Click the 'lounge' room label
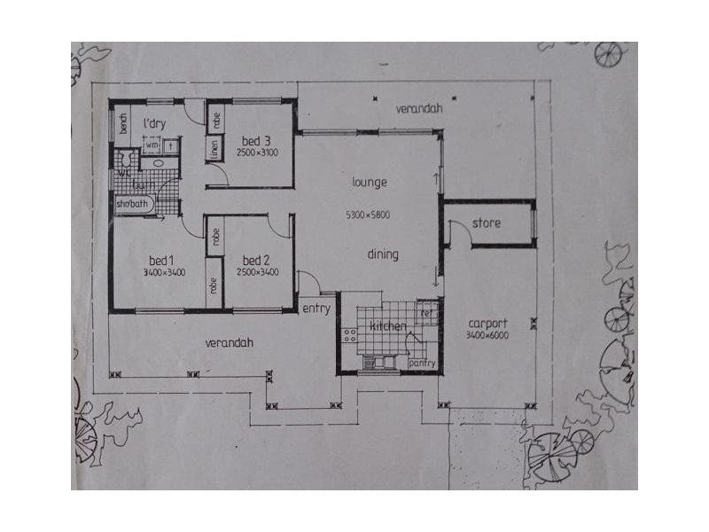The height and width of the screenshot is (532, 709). point(370,183)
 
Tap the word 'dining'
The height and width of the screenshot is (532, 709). point(383,254)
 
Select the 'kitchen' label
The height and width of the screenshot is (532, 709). point(387,326)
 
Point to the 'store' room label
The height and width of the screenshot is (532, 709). point(487,223)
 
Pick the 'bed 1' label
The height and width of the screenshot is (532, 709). point(160,261)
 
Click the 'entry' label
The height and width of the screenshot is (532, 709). point(316,309)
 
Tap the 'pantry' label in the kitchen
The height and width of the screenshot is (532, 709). point(422,364)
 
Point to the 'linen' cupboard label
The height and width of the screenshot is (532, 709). point(214,150)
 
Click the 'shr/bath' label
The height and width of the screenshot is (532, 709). point(134,204)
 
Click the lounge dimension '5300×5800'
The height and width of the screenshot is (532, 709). point(369,215)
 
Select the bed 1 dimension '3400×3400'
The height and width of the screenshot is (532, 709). point(163,273)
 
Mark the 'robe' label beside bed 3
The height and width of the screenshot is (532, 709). point(216,116)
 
